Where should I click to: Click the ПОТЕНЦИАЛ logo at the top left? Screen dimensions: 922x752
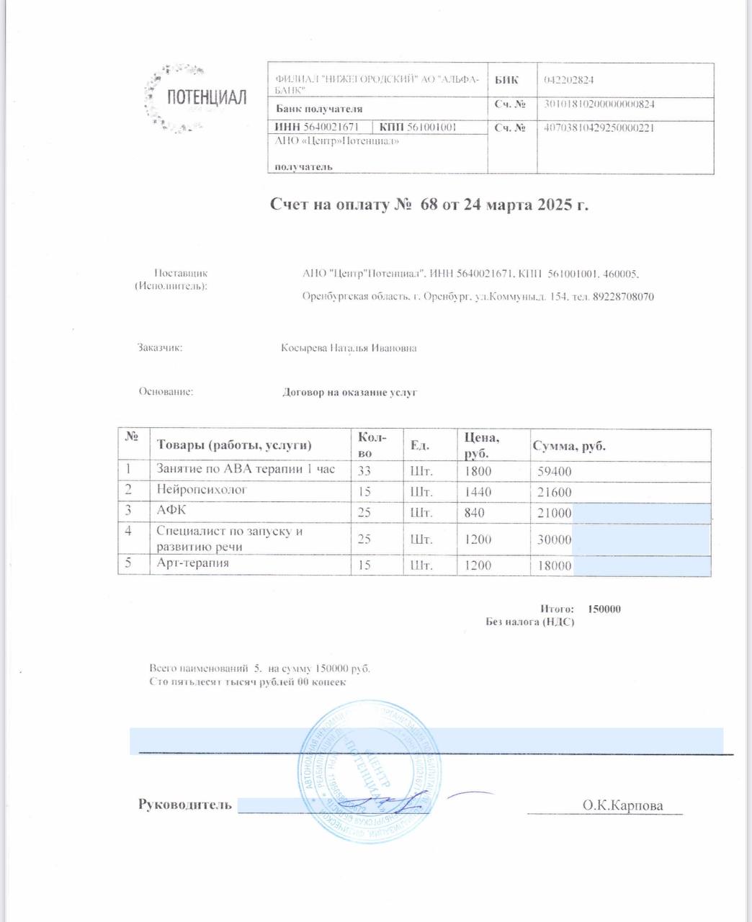pyautogui.click(x=196, y=97)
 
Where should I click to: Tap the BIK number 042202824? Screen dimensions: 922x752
pyautogui.click(x=569, y=80)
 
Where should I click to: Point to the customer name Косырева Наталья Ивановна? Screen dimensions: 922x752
pyautogui.click(x=349, y=349)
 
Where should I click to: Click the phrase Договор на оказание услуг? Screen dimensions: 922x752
pyautogui.click(x=349, y=393)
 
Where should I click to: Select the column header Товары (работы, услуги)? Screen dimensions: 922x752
pyautogui.click(x=235, y=445)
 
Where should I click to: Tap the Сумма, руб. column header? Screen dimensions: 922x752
pyautogui.click(x=569, y=446)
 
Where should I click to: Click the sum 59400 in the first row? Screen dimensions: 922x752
pyautogui.click(x=555, y=473)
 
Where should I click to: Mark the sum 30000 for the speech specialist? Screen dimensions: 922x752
pyautogui.click(x=555, y=540)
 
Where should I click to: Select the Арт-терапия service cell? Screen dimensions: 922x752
pyautogui.click(x=193, y=563)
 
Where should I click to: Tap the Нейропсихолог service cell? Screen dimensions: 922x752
pyautogui.click(x=202, y=490)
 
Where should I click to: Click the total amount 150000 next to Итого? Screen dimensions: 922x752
pyautogui.click(x=604, y=609)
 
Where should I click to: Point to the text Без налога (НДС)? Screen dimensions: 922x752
pyautogui.click(x=530, y=622)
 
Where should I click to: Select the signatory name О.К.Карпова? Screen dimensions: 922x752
pyautogui.click(x=622, y=805)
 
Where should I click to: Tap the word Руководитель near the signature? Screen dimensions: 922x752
pyautogui.click(x=185, y=804)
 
